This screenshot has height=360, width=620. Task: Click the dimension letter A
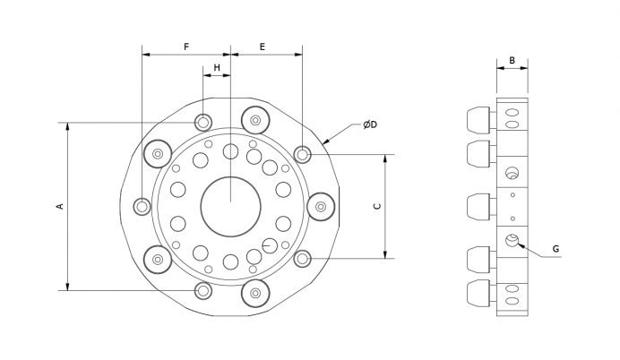tap(61, 206)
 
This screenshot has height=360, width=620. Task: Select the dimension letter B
tap(512, 61)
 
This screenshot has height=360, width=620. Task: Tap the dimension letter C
tap(377, 206)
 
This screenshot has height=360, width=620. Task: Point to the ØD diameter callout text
tap(370, 124)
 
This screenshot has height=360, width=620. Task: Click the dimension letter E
tap(263, 47)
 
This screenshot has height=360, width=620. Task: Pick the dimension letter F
tap(186, 47)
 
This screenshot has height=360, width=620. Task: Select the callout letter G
tap(555, 249)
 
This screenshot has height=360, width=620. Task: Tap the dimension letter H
tap(217, 68)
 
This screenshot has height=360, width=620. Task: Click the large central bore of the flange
tap(230, 207)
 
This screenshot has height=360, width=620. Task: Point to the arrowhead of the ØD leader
tap(326, 141)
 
